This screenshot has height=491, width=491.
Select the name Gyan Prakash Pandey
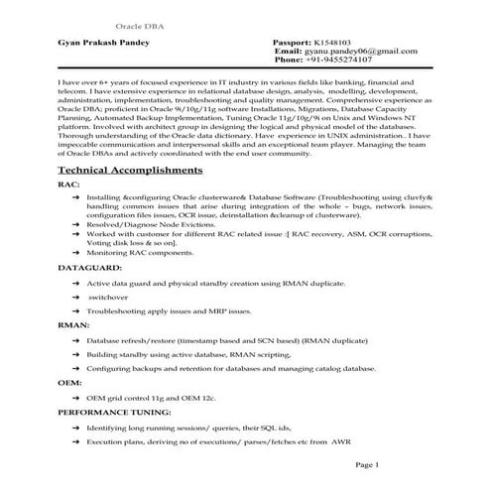click(105, 45)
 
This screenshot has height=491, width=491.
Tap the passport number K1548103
click(337, 45)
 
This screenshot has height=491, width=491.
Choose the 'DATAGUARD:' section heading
click(89, 268)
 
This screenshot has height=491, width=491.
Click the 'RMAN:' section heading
click(74, 324)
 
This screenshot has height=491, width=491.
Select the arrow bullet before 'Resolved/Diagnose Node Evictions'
click(76, 224)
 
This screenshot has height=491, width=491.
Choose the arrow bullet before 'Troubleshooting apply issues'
click(76, 310)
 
